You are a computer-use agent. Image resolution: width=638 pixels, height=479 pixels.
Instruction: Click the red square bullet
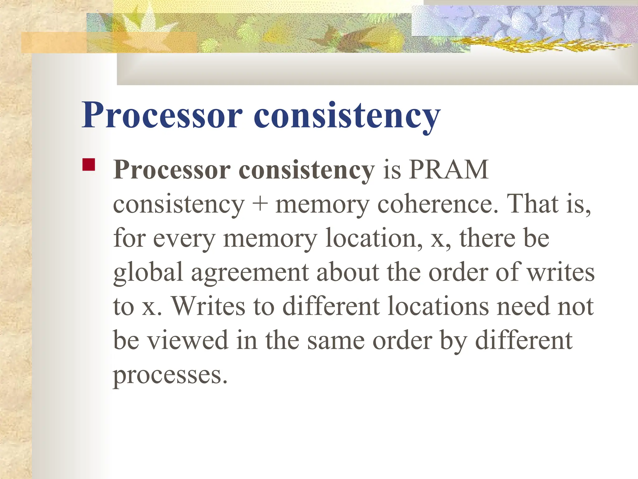point(88,165)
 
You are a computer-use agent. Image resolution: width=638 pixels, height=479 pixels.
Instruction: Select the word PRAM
point(449,170)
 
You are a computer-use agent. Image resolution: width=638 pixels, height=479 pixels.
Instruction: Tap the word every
point(184,239)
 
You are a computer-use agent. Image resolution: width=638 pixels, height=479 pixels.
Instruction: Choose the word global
point(148,273)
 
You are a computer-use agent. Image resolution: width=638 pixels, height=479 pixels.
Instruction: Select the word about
point(348,272)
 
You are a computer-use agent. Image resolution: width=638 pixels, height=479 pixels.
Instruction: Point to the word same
point(336,341)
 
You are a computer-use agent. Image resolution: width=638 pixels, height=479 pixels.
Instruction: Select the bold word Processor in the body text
point(172,170)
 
